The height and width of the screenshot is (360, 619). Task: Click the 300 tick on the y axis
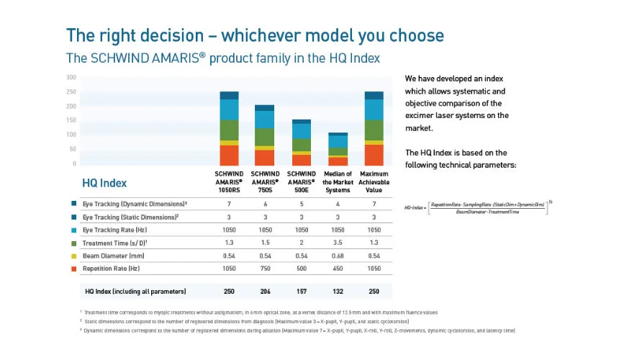pyautogui.click(x=71, y=77)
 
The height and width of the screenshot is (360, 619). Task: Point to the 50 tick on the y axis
pyautogui.click(x=72, y=149)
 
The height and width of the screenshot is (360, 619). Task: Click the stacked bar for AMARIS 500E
pyautogui.click(x=301, y=143)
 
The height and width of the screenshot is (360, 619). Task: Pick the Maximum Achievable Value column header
pyautogui.click(x=374, y=182)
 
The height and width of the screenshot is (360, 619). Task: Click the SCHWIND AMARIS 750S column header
pyautogui.click(x=265, y=182)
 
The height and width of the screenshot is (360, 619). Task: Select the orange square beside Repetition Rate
pyautogui.click(x=74, y=268)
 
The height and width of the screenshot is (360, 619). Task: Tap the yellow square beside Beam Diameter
pyautogui.click(x=74, y=255)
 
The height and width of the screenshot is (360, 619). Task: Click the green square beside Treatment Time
pyautogui.click(x=74, y=242)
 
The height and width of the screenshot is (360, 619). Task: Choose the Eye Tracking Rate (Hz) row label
pyautogui.click(x=119, y=229)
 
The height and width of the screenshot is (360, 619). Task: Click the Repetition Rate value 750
pyautogui.click(x=265, y=268)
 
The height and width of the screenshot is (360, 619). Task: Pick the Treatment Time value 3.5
pyautogui.click(x=337, y=242)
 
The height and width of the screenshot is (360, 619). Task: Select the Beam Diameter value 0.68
pyautogui.click(x=337, y=255)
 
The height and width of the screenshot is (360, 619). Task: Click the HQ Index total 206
pyautogui.click(x=265, y=292)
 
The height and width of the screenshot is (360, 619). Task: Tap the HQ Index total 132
pyautogui.click(x=337, y=292)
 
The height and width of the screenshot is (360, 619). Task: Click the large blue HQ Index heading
pyautogui.click(x=105, y=183)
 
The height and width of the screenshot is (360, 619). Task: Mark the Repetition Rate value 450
pyautogui.click(x=337, y=268)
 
